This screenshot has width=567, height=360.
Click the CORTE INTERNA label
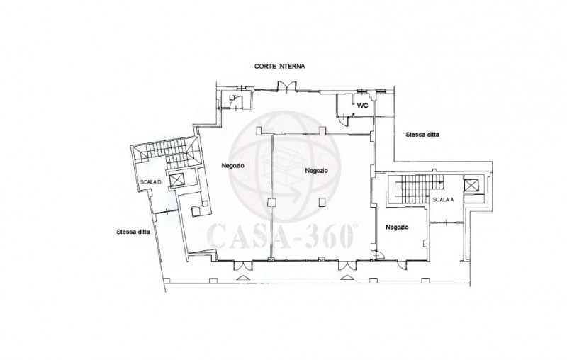click(279, 66)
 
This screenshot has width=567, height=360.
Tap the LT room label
click(232, 98)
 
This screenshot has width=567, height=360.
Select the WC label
click(362, 106)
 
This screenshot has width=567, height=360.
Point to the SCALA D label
click(150, 182)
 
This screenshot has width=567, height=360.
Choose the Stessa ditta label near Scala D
click(133, 232)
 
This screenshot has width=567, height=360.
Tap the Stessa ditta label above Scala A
click(422, 135)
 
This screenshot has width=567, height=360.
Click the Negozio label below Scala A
click(397, 227)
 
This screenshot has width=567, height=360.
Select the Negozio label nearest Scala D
click(233, 166)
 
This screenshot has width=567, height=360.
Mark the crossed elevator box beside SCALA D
click(176, 179)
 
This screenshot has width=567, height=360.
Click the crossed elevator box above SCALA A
click(471, 186)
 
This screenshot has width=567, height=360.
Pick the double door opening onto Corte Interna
click(287, 86)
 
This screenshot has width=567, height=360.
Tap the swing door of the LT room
click(235, 105)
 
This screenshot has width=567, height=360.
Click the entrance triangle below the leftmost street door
click(242, 278)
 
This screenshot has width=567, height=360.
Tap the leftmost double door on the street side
click(243, 266)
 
